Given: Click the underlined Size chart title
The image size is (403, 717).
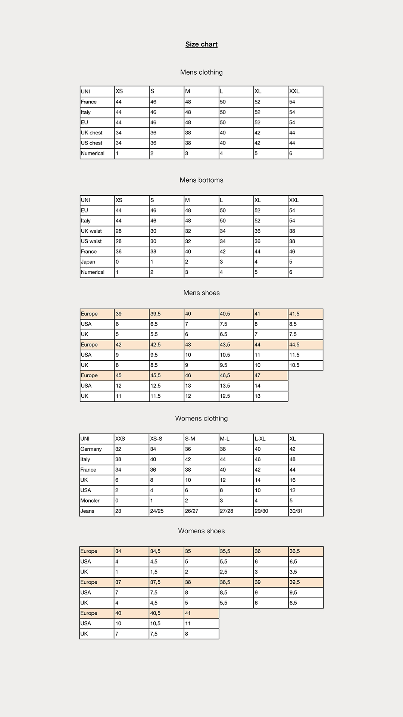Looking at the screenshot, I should pos(201,44).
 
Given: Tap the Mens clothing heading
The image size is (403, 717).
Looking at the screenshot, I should pos(201,72).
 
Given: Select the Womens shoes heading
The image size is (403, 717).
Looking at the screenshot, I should pos(201,531).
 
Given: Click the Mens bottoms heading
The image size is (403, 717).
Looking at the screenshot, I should pos(201,180).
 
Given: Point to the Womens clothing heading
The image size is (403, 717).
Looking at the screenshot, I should pos(201,419).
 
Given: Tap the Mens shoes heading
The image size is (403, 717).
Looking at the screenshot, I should pos(201,293).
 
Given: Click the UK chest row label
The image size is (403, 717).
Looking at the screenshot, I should pos(92,133).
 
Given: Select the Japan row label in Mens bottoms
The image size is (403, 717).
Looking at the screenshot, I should pos(88,262).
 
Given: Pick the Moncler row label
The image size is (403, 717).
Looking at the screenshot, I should pos(90,501).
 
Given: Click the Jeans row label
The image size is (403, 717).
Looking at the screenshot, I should pos(87,511).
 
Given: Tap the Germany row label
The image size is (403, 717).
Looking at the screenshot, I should pos(91,449).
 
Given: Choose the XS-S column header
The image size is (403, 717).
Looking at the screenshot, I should pos(156,439).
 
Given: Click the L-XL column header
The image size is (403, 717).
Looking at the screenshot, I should pos(260,439).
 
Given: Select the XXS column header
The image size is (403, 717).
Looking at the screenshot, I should pos(120,439).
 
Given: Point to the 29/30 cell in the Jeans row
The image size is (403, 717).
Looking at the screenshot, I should pos(261,511).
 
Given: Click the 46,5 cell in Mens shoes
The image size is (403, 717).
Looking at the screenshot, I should pos(225,376).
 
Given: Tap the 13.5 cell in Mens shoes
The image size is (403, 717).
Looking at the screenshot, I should pos(225,386).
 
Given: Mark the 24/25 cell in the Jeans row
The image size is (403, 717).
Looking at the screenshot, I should pos(157,511).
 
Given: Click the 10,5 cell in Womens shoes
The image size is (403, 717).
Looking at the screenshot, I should pos(155,624).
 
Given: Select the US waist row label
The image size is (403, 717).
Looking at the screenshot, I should pos(91,242).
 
